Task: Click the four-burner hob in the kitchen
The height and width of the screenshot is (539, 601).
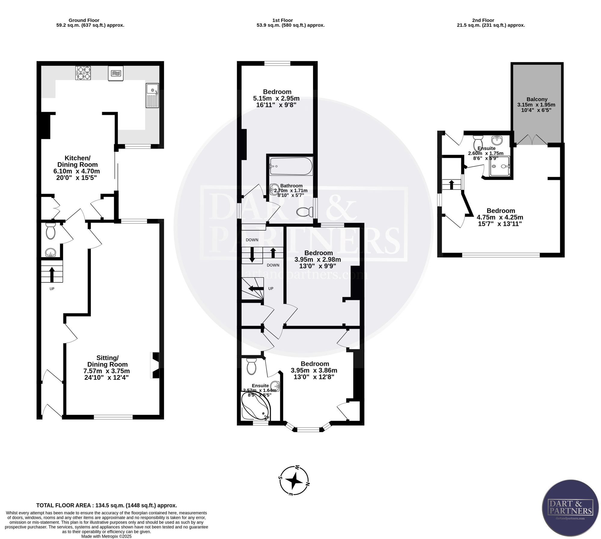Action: coord(83,73)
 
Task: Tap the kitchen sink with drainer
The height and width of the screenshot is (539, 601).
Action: coord(152,96)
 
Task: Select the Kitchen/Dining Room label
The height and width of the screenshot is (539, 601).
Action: coord(78,168)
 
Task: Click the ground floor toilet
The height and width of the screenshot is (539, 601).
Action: coord(50,230)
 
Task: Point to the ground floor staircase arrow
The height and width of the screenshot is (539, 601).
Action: coord(52,274)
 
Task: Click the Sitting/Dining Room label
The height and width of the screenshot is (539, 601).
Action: coord(107,368)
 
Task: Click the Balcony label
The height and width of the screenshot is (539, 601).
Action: coord(537,105)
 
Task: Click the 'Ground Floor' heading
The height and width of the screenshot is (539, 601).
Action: coord(84,20)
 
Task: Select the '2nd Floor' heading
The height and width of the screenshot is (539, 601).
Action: coord(483,20)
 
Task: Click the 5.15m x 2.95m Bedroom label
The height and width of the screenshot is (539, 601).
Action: coord(277,98)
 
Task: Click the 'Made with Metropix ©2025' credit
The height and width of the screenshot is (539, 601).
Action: coord(106,536)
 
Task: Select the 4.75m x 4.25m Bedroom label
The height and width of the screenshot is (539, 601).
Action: coord(500,217)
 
